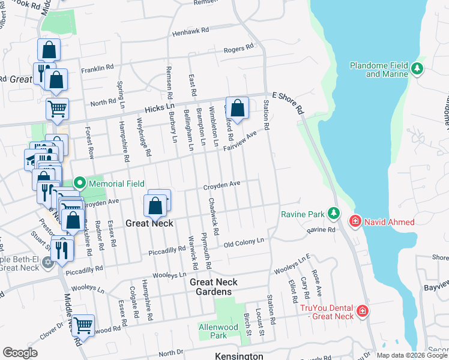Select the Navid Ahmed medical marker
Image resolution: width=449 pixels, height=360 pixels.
(355, 222)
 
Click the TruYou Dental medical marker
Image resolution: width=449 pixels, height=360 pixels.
(362, 311)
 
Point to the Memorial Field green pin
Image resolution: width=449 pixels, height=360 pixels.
(79, 184)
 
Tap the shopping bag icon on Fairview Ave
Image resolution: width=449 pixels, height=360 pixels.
(238, 109)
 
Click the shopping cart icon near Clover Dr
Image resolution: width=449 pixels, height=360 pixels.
(83, 326)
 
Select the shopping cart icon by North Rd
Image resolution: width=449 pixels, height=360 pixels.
(57, 109)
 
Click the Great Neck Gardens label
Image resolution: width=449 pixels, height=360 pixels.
(214, 287)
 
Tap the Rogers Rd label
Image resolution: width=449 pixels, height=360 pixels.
(239, 49)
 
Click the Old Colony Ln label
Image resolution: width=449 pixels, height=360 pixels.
(244, 241)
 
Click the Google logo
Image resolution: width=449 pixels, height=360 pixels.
(20, 353)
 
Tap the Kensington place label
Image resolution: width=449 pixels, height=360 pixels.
(239, 356)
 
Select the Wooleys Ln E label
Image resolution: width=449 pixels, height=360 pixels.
(292, 265)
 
